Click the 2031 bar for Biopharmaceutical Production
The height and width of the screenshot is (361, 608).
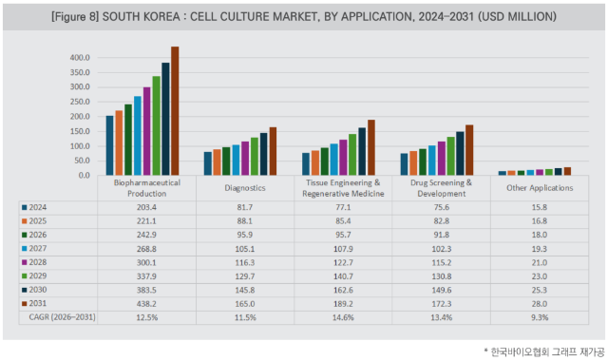tap(175, 111)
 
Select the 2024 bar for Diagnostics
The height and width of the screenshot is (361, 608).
tap(208, 163)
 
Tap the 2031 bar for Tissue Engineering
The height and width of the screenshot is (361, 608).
tap(371, 148)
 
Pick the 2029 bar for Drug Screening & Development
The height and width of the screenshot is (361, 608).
tap(451, 156)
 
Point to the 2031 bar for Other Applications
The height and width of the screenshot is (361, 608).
tap(568, 171)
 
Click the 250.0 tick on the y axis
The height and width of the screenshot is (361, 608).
tap(80, 102)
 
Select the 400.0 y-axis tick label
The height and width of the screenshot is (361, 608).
tap(80, 58)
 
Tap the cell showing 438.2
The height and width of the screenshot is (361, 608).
tap(146, 304)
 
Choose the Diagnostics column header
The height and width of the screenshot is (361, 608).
tap(245, 188)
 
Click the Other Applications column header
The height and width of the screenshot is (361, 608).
tap(540, 188)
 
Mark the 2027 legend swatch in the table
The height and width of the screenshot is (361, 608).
tap(25, 249)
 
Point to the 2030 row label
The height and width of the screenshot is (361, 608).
tap(38, 290)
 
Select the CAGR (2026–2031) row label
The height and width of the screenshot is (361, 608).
tap(62, 317)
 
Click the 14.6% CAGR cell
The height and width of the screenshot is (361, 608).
tap(343, 317)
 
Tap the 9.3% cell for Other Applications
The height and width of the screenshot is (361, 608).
tap(540, 317)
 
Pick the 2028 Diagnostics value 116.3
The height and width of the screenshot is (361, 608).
tap(245, 262)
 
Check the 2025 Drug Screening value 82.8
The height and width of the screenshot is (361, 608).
tap(442, 221)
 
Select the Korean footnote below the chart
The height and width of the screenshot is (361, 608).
tap(544, 352)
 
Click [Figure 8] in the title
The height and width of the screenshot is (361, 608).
tap(75, 17)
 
